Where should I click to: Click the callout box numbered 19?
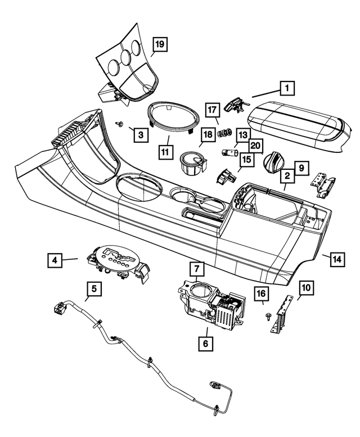point(159,44)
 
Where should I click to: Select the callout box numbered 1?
point(287,88)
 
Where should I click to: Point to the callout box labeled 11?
point(164,152)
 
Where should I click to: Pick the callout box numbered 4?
point(55,260)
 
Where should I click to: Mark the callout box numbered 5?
point(94,289)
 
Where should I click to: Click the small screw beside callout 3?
point(119,123)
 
